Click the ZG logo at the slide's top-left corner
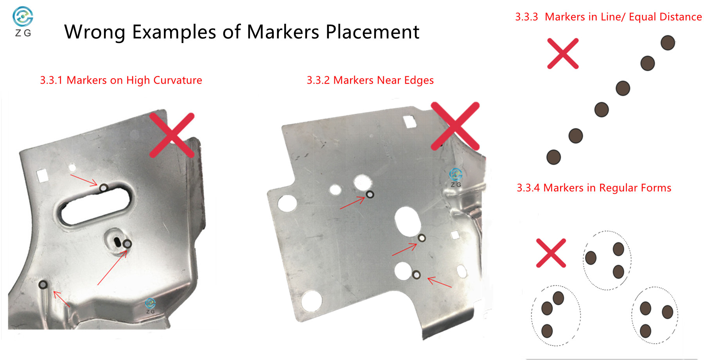(23, 22)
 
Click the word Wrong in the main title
(94, 32)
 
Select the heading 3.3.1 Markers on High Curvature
(121, 80)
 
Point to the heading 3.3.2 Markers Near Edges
(370, 80)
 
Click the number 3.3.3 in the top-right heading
(526, 17)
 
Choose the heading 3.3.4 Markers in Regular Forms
(594, 188)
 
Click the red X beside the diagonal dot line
(563, 54)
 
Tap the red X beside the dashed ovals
(551, 253)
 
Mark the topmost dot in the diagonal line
(668, 43)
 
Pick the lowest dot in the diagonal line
(553, 157)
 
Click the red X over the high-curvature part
(172, 135)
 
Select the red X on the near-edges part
(455, 126)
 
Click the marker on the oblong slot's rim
(103, 188)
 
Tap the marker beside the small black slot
(127, 244)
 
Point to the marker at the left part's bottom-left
(43, 284)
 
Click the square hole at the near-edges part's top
(409, 122)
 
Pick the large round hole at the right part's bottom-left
(311, 301)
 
